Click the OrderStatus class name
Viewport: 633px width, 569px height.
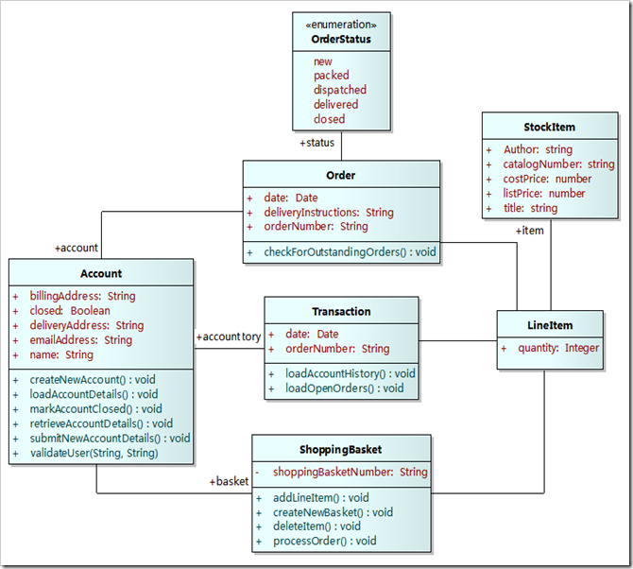pyautogui.click(x=341, y=40)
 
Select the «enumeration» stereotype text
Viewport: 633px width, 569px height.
pyautogui.click(x=341, y=25)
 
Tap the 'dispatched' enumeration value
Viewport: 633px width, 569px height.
pyautogui.click(x=340, y=90)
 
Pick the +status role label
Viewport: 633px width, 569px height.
pyautogui.click(x=316, y=143)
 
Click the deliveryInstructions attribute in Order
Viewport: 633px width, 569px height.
pyautogui.click(x=328, y=213)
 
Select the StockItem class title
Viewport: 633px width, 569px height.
pyautogui.click(x=550, y=127)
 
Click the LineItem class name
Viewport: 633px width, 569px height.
pyautogui.click(x=550, y=325)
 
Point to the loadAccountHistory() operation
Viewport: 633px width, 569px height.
pyautogui.click(x=350, y=373)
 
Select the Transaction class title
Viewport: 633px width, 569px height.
pyautogui.click(x=341, y=311)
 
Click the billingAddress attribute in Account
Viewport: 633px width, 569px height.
pyautogui.click(x=82, y=296)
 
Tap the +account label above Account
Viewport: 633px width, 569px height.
pyautogui.click(x=77, y=248)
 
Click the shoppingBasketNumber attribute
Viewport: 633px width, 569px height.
pyautogui.click(x=350, y=472)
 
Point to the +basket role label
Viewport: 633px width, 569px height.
pyautogui.click(x=229, y=481)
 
